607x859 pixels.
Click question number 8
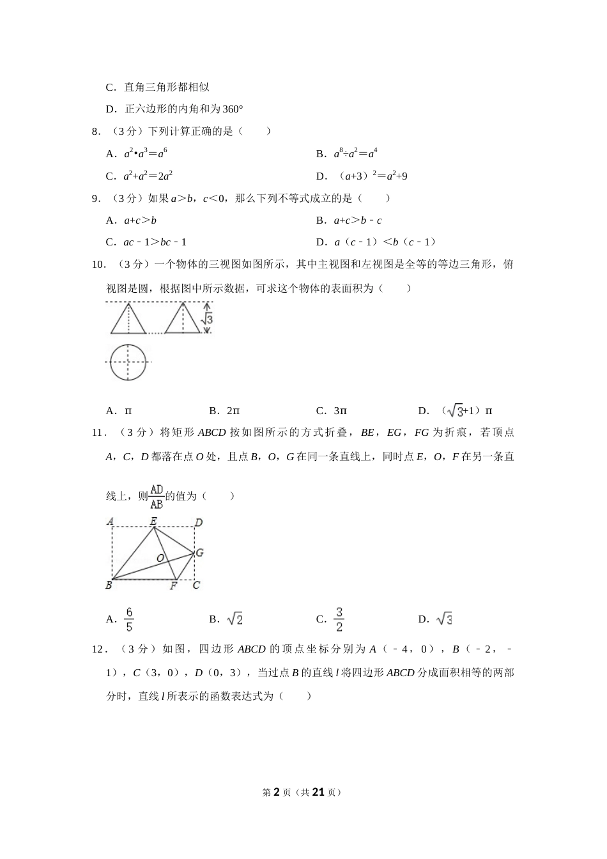click(96, 132)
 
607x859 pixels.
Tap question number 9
click(96, 199)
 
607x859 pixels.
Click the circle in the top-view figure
click(128, 362)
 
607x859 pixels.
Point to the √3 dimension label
click(208, 318)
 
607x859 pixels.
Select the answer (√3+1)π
click(466, 411)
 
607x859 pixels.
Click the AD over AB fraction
click(157, 496)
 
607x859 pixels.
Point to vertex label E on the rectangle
click(153, 521)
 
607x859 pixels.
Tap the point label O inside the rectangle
click(160, 558)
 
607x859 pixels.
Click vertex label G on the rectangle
click(199, 552)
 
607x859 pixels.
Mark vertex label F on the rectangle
click(173, 585)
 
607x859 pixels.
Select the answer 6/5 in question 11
click(129, 619)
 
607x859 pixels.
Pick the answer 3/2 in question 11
click(339, 619)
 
